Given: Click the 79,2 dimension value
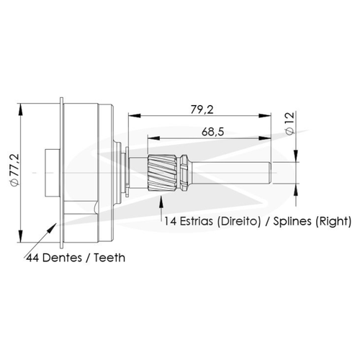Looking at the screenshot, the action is pos(202,109).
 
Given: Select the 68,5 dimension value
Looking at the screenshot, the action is pos(212,132).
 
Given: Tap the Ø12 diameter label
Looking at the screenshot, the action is pos(290,124).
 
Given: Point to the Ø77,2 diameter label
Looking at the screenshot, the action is pos(15,170).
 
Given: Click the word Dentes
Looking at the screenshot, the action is pos(62,258).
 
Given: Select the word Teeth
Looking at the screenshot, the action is pos(109,258).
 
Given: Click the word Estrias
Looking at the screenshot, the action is pos(196,221).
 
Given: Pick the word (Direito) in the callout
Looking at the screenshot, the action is pos(238,221).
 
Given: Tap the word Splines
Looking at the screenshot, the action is pos(292,221).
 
